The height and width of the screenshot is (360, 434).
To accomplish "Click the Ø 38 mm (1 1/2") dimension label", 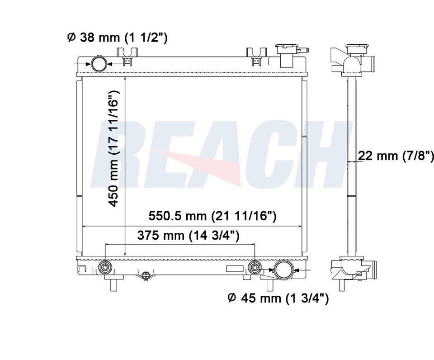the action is pyautogui.click(x=118, y=37).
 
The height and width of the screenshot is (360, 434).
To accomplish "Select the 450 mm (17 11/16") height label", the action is pyautogui.click(x=114, y=149).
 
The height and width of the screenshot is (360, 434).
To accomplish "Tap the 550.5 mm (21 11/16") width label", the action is pyautogui.click(x=212, y=216).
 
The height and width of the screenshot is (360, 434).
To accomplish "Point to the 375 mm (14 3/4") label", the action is pyautogui.click(x=188, y=236).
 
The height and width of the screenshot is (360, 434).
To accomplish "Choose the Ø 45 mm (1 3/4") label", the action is pyautogui.click(x=278, y=298).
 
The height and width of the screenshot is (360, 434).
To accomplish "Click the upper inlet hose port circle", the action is pyautogui.click(x=99, y=63).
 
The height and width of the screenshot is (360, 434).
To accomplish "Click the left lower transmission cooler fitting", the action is pyautogui.click(x=105, y=267).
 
